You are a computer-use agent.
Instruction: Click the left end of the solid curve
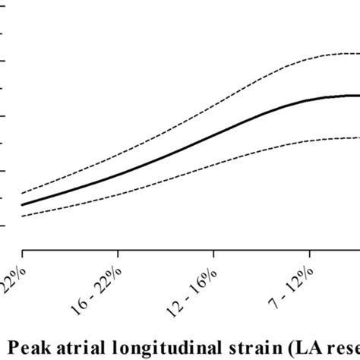point(22,204)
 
